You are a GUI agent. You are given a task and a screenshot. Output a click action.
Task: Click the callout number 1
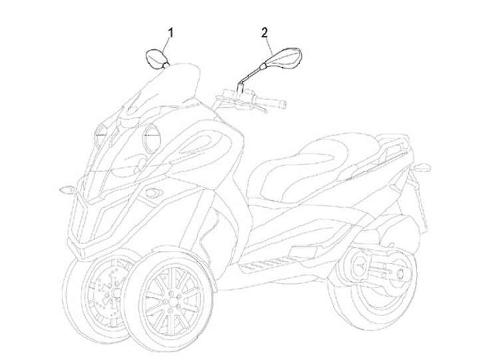[170, 32]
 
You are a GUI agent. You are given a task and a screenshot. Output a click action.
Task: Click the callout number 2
[264, 32]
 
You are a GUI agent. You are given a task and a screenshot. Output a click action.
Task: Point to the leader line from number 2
[269, 45]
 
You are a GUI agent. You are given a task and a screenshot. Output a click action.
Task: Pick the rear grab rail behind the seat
[395, 136]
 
